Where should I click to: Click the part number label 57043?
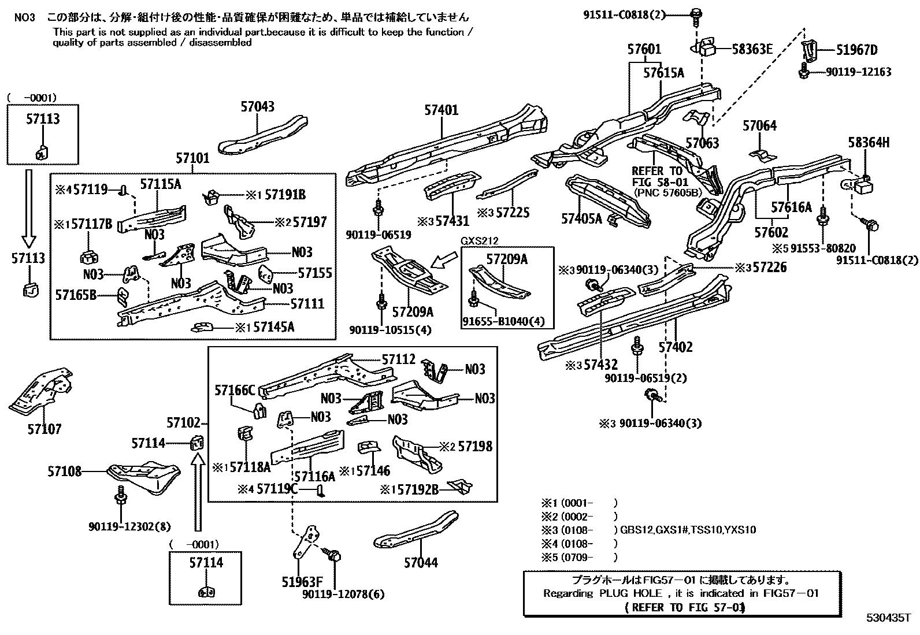click(257, 107)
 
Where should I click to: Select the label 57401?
click(441, 110)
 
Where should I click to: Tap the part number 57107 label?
click(44, 429)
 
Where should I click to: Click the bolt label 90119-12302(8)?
click(129, 527)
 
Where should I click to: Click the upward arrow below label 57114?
click(198, 492)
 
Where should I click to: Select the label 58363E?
click(752, 49)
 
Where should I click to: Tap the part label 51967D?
click(856, 50)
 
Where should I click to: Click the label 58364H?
click(869, 143)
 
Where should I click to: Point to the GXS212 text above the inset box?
click(479, 240)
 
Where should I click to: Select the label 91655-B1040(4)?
click(503, 321)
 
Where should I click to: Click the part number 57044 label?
click(420, 562)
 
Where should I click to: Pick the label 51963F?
click(302, 581)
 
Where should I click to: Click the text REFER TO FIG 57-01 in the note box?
click(685, 607)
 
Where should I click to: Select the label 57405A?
click(581, 218)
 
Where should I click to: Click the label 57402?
click(675, 347)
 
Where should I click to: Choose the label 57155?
click(315, 273)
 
